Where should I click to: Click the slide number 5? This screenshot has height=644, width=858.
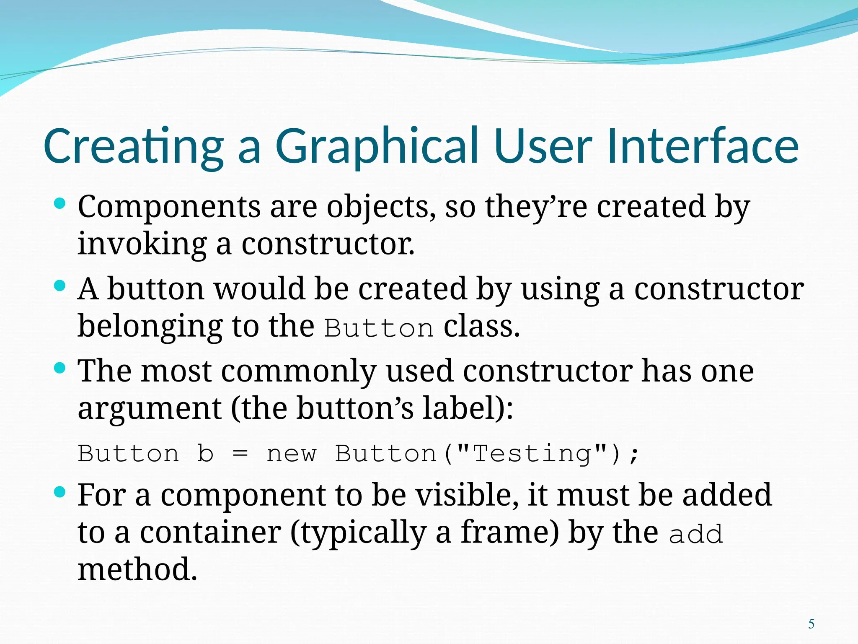[811, 624]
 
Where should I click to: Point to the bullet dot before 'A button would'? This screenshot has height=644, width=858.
[60, 286]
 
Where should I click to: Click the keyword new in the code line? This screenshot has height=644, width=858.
[292, 454]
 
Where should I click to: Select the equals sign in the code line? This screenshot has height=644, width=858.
[240, 454]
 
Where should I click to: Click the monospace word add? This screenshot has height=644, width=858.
[695, 535]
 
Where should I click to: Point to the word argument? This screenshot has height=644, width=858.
[150, 409]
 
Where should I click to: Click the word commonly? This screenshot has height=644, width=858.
[299, 371]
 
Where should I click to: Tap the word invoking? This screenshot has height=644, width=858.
[142, 244]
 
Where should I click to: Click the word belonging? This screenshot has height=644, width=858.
[150, 327]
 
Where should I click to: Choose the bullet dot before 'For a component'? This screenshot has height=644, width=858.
[60, 491]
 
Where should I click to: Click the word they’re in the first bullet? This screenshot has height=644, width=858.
[536, 207]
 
